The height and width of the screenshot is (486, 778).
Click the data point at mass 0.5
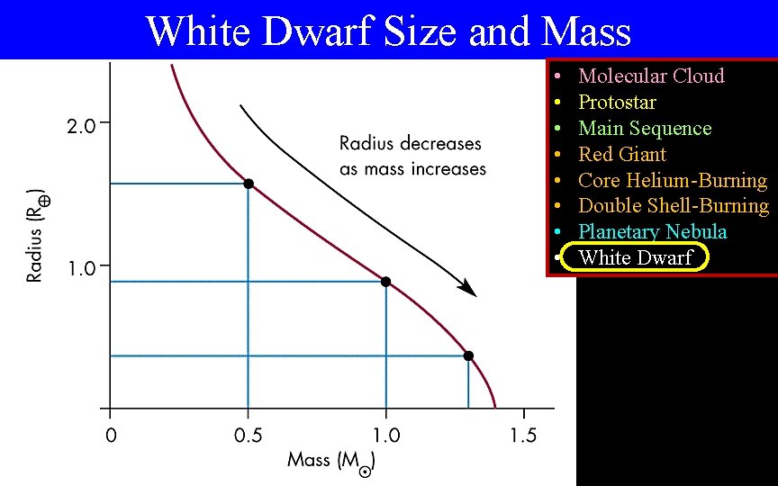coord(249,184)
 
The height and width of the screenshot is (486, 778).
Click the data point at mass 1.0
coord(386,282)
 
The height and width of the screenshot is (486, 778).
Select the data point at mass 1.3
coord(468,355)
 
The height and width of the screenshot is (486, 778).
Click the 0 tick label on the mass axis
coord(110,436)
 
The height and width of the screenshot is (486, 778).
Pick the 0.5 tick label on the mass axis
coord(248,436)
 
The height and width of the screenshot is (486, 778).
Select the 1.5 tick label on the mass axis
coord(523,436)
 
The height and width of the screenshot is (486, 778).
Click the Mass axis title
coord(330,462)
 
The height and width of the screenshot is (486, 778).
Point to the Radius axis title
coord(36,235)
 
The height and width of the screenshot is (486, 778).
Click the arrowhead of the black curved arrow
coord(468,289)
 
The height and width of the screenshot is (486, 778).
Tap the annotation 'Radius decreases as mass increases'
coord(412,156)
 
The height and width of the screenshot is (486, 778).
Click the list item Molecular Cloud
coord(651,76)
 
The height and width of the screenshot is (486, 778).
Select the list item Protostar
coord(617,102)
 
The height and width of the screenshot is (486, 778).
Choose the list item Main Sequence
coord(645,128)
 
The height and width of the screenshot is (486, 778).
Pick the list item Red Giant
coord(622,154)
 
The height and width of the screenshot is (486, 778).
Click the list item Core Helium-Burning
coord(673,180)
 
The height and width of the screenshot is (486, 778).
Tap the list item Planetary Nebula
coord(652,231)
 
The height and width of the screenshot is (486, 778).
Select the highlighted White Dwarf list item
coord(636,258)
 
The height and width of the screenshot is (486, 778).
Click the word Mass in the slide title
coord(587,31)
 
